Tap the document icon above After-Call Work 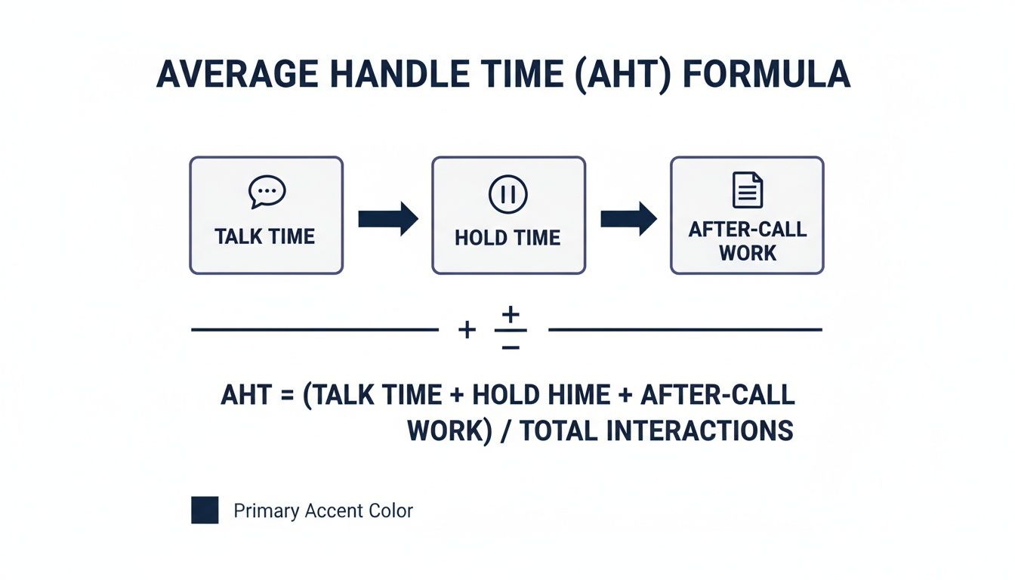748,190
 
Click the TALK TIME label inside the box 265,236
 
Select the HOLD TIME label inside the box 507,239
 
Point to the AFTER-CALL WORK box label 748,241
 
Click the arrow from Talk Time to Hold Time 387,218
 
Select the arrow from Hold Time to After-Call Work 628,218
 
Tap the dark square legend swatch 205,511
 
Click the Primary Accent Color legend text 323,511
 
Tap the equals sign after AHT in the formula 288,395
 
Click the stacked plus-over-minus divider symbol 511,329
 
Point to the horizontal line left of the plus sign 314,330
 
